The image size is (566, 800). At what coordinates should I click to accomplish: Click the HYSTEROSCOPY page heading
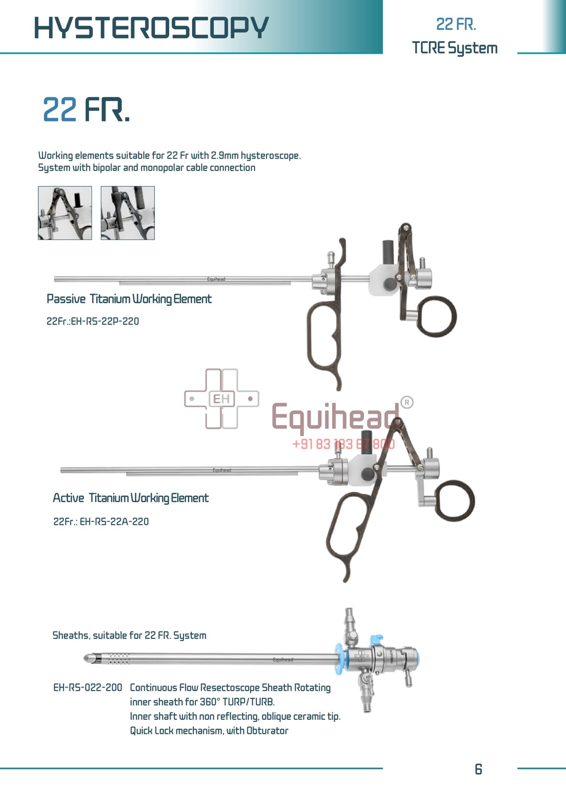pyautogui.click(x=151, y=27)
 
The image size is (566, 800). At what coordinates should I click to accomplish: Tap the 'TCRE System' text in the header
pyautogui.click(x=454, y=48)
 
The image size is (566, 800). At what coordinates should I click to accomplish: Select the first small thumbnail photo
pyautogui.click(x=65, y=213)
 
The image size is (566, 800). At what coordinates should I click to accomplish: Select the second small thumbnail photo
pyautogui.click(x=128, y=213)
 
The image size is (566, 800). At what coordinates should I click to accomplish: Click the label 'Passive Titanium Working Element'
pyautogui.click(x=129, y=299)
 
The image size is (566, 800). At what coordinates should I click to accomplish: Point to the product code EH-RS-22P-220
pyautogui.click(x=93, y=321)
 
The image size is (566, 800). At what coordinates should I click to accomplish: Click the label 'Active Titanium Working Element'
pyautogui.click(x=130, y=498)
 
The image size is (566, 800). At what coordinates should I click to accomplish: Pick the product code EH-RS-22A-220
pyautogui.click(x=101, y=522)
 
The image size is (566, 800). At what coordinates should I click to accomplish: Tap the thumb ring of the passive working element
pyautogui.click(x=437, y=317)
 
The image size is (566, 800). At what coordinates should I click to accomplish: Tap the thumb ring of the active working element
pyautogui.click(x=455, y=501)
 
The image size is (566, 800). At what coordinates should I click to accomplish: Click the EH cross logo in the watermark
pyautogui.click(x=221, y=399)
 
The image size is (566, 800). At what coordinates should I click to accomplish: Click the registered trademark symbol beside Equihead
pyautogui.click(x=407, y=402)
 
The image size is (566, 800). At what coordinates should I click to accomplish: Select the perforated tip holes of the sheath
pyautogui.click(x=119, y=658)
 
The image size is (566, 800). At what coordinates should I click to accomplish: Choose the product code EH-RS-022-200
pyautogui.click(x=88, y=687)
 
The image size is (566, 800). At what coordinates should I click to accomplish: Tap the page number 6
pyautogui.click(x=478, y=769)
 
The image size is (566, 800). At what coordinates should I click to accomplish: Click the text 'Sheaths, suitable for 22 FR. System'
pyautogui.click(x=129, y=635)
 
